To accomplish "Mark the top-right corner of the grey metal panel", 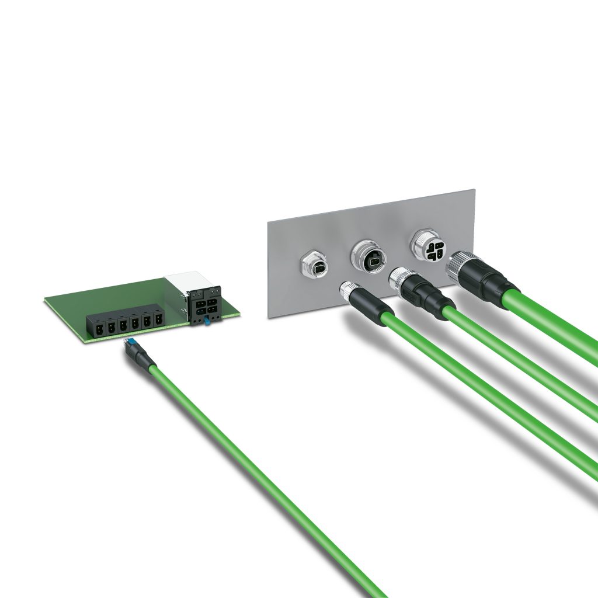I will coord(474,190).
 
